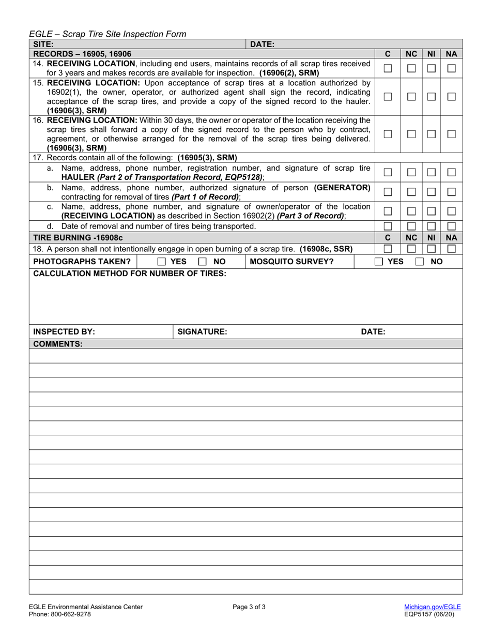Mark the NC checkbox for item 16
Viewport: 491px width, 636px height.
[x=410, y=134]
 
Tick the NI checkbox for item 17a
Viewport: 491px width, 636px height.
[x=431, y=172]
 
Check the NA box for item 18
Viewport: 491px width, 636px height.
[x=451, y=249]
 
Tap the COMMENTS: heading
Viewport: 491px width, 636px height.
[x=57, y=343]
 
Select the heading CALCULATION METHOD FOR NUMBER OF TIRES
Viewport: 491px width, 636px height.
[x=129, y=273]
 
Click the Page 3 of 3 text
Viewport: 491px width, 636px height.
[x=249, y=607]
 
